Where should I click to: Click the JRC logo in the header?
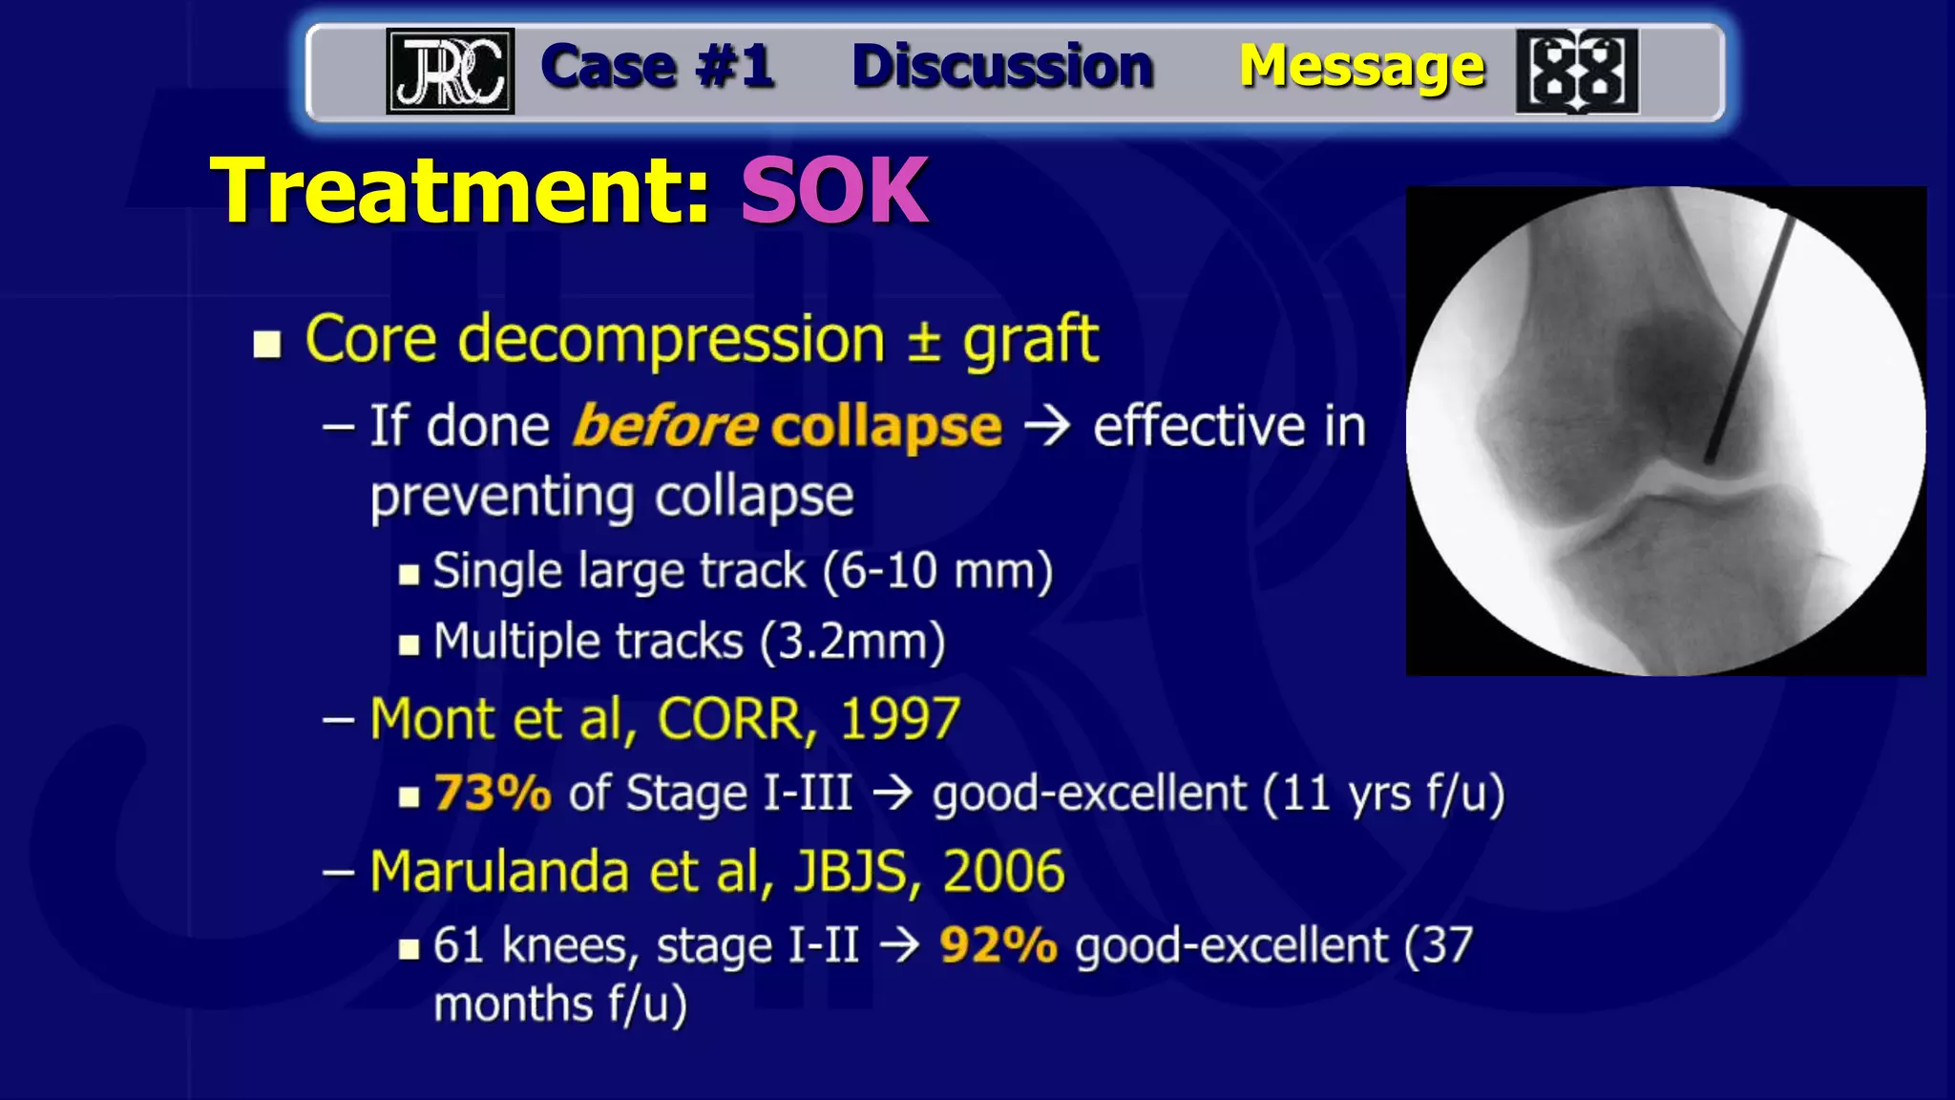tap(450, 71)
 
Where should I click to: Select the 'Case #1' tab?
tap(657, 67)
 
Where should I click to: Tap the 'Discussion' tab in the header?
tap(1002, 67)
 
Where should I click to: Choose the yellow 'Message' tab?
tap(1361, 67)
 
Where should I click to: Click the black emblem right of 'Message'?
tap(1577, 72)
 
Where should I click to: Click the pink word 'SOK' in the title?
tap(834, 191)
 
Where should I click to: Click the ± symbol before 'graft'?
tap(924, 341)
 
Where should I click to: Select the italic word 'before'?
tap(665, 426)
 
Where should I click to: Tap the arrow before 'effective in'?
tap(1047, 426)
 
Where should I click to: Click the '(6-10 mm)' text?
tap(937, 572)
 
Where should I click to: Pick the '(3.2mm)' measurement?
tap(852, 642)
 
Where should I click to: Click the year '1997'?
tap(900, 718)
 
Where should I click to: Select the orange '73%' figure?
tap(493, 793)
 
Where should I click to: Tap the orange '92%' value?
tap(999, 945)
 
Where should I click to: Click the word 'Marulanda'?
tap(498, 872)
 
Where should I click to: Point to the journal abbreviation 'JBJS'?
tap(850, 872)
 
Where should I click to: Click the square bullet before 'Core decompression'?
tap(267, 344)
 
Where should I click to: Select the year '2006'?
tap(1003, 872)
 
